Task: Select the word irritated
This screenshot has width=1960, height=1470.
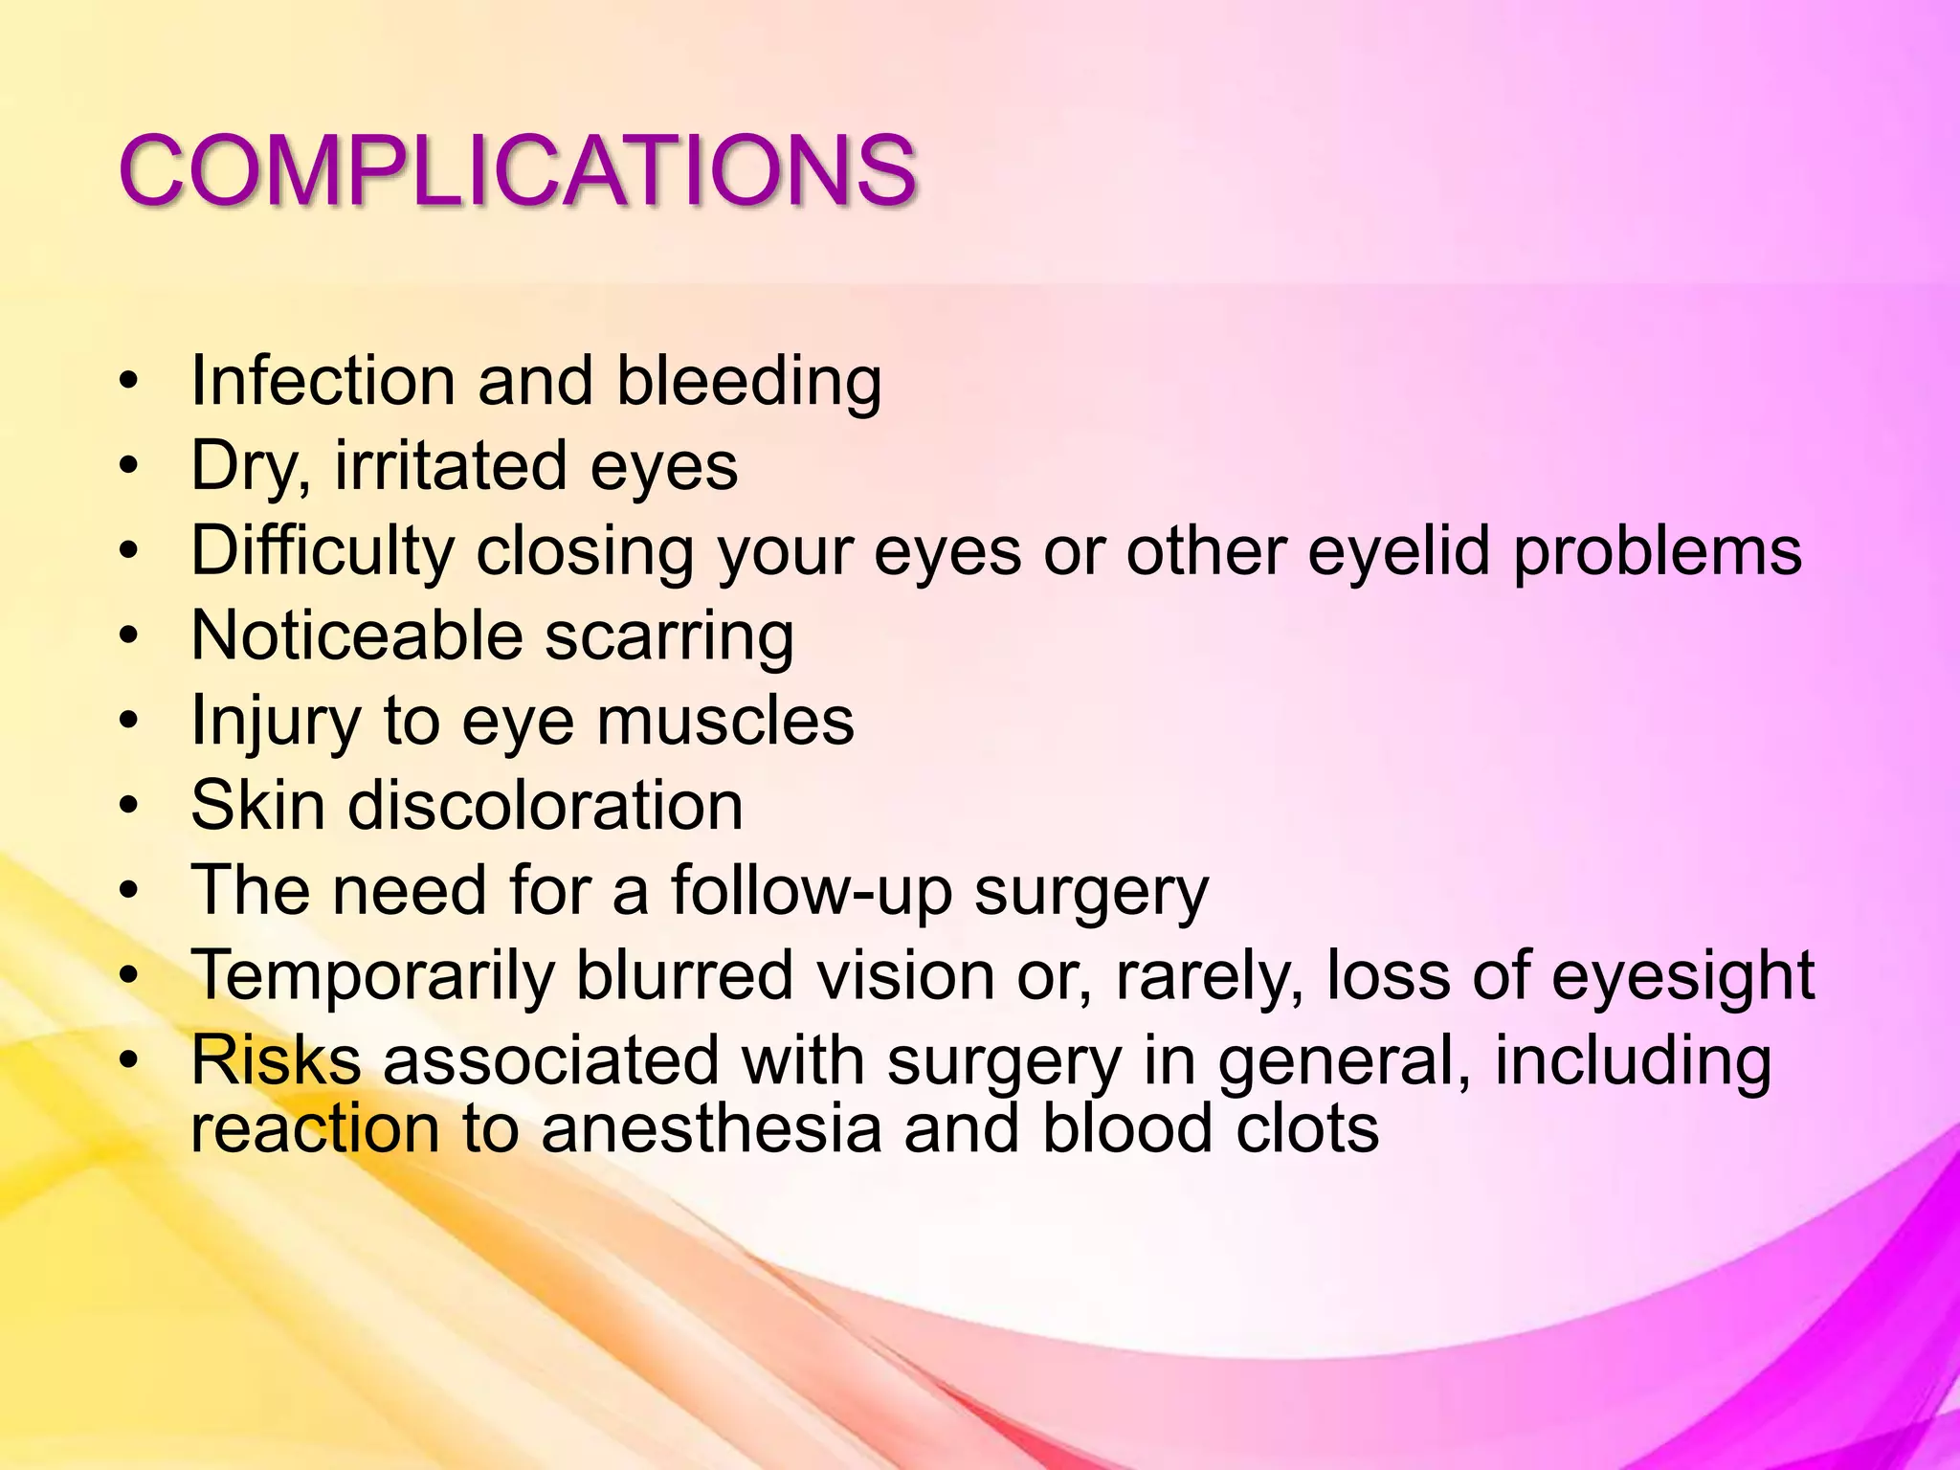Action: (450, 466)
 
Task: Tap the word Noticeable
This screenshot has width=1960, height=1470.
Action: (357, 635)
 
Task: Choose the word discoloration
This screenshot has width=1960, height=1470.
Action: (545, 806)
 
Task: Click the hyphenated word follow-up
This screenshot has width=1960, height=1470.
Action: (811, 892)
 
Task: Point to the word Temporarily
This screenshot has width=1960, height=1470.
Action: (372, 977)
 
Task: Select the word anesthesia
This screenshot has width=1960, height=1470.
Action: (710, 1128)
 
